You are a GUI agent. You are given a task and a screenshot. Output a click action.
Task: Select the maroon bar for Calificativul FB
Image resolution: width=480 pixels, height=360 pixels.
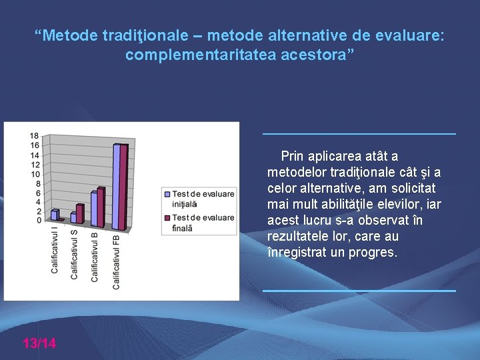[123, 186]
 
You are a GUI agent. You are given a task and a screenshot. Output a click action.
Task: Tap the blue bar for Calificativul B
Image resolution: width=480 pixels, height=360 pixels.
[94, 210]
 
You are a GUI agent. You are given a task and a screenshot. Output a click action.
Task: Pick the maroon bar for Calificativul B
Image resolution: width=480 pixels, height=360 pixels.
[101, 207]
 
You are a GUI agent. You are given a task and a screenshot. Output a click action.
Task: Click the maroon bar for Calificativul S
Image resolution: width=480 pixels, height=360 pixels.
[79, 214]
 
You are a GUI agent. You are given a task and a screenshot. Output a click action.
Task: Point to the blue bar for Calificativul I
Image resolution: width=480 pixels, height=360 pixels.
[53, 215]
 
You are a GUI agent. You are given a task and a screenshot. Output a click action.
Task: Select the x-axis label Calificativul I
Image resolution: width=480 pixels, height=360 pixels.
[55, 251]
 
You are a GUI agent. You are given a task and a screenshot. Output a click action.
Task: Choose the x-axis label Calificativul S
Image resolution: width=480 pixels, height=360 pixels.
[75, 254]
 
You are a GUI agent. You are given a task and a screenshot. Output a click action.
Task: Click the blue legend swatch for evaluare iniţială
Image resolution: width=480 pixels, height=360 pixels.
[167, 194]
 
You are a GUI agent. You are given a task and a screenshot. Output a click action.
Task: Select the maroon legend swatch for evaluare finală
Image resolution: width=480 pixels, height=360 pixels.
[167, 218]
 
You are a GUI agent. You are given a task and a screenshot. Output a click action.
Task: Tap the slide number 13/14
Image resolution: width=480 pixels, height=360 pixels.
[39, 343]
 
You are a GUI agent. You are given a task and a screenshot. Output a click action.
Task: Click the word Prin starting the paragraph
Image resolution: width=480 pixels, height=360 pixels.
[291, 157]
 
